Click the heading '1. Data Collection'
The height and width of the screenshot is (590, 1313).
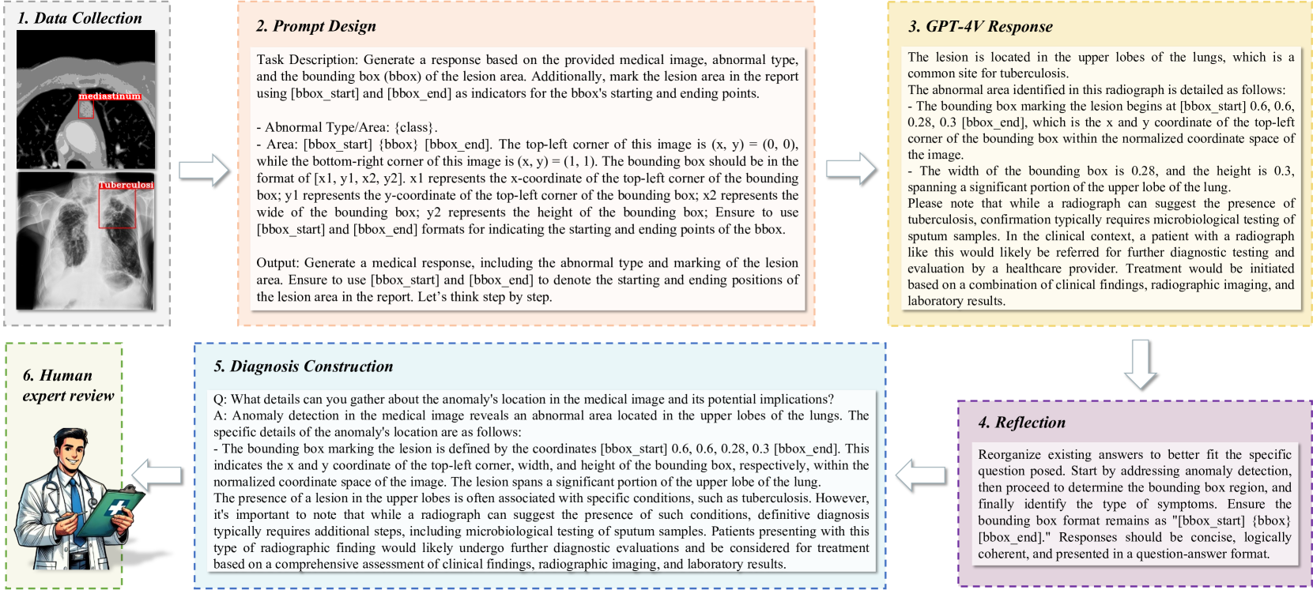click(80, 18)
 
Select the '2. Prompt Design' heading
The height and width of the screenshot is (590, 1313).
click(315, 26)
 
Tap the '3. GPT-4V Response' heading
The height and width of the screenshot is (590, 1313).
click(980, 27)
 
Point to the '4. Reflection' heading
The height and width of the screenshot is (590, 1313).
click(1021, 423)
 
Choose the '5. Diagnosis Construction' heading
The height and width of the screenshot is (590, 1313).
click(303, 366)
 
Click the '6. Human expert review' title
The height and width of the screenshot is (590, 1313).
click(68, 385)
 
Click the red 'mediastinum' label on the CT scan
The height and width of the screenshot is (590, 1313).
click(110, 96)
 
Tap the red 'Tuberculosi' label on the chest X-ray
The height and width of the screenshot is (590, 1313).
click(126, 185)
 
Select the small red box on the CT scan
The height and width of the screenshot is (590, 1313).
click(86, 110)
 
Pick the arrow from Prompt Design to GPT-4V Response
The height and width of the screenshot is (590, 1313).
click(851, 169)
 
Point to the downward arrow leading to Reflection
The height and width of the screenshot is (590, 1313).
click(1140, 363)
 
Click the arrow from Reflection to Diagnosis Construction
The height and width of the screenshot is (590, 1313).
click(922, 475)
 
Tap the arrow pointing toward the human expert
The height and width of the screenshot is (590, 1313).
click(157, 474)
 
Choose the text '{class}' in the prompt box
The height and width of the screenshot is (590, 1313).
click(414, 127)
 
